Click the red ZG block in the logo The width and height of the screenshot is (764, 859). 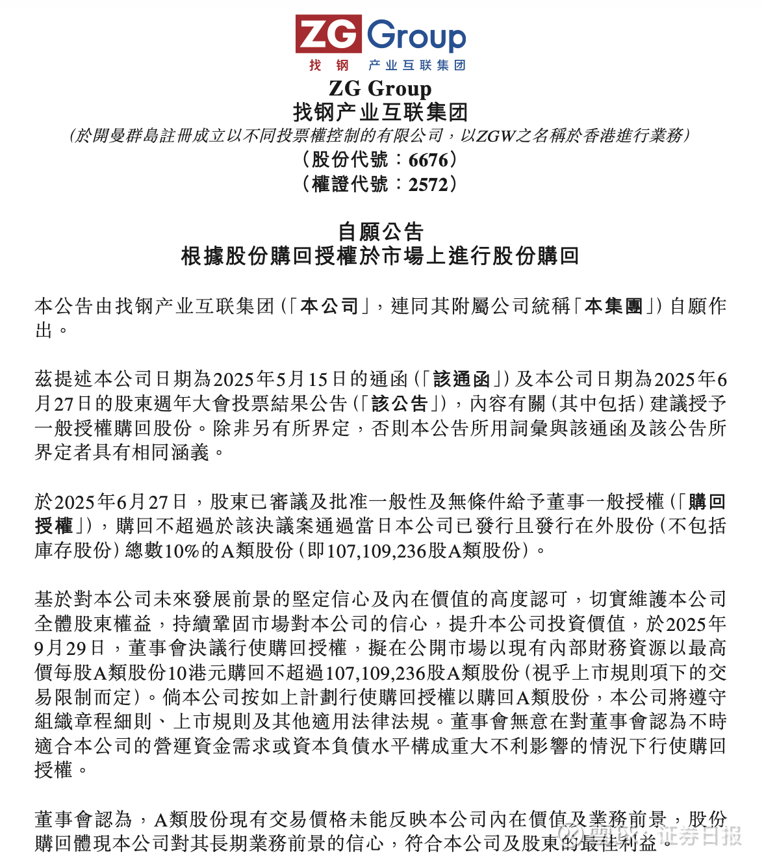[x=328, y=34]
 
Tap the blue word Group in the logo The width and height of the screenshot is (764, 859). [x=416, y=36]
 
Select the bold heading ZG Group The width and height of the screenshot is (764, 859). [x=380, y=88]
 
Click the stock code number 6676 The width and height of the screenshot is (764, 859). [x=428, y=160]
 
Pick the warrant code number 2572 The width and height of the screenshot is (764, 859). [x=428, y=185]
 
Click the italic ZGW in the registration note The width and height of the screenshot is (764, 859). [x=496, y=135]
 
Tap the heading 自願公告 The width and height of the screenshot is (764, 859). [x=381, y=231]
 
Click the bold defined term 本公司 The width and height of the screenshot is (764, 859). [x=329, y=306]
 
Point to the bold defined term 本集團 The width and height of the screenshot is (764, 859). [x=613, y=306]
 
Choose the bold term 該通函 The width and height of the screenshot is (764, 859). [x=461, y=379]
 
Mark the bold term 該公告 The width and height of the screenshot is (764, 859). [x=400, y=404]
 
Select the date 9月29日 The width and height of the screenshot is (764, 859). [x=70, y=648]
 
